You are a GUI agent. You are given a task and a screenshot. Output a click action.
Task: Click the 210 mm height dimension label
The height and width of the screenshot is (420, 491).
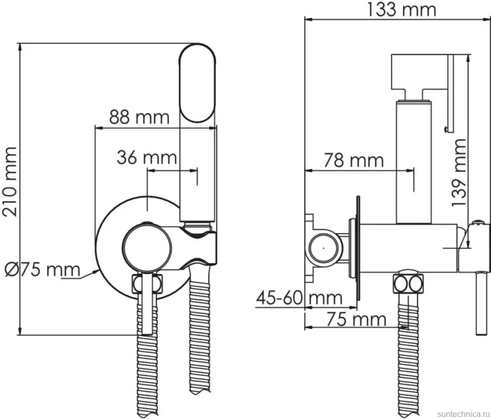tap(10, 182)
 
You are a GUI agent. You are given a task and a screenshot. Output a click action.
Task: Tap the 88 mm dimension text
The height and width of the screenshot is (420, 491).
tap(139, 117)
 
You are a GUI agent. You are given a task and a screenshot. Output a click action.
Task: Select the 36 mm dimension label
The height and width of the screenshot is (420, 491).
tap(147, 157)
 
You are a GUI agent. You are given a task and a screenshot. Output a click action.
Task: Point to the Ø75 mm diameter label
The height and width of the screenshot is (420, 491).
tap(43, 269)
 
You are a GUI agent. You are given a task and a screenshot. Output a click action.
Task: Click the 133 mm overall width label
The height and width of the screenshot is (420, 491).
tap(401, 10)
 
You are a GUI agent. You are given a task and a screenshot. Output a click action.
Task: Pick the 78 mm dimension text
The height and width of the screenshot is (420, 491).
tap(353, 160)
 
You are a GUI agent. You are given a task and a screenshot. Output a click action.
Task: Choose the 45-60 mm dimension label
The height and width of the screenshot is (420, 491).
tap(299, 298)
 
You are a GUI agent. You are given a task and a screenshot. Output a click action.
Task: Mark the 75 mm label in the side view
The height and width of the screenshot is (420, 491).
tap(356, 319)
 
